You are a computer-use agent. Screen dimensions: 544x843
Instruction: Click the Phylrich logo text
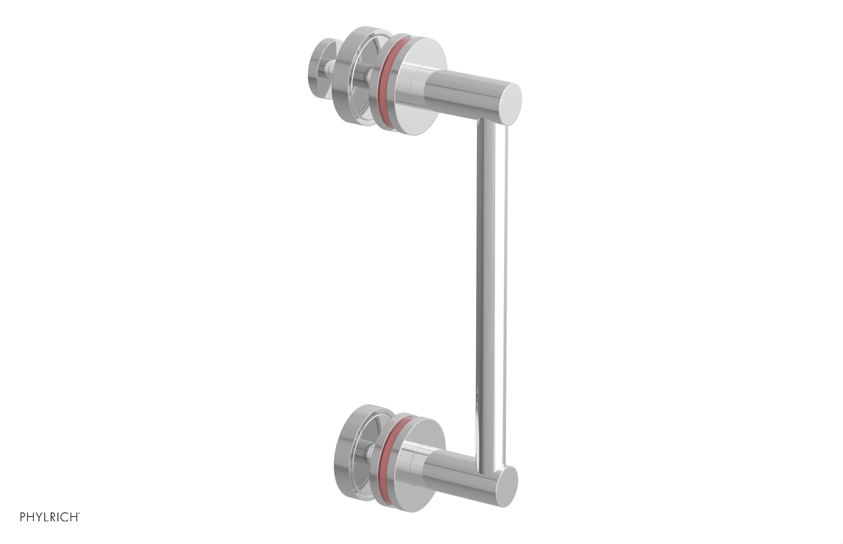click(50, 517)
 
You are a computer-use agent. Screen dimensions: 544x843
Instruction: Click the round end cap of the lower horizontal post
click(507, 486)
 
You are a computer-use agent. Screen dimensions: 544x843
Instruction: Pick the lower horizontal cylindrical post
click(464, 477)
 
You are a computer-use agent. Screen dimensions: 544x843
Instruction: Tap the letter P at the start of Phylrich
click(23, 517)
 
